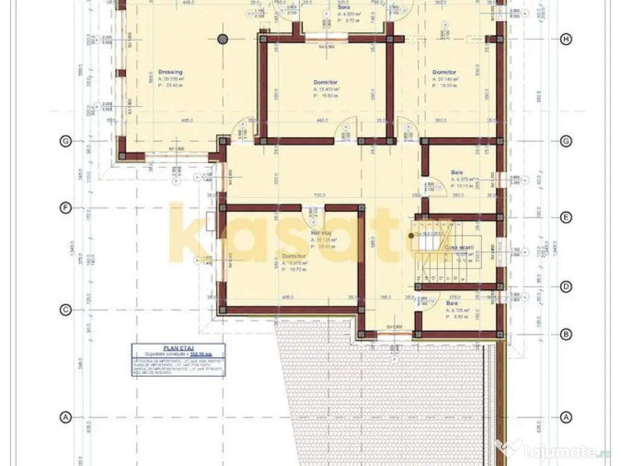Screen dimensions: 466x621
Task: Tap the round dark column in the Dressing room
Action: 223,39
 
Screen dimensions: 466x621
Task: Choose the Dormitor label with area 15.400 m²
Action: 325,82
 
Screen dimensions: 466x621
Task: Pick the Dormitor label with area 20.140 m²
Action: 444,72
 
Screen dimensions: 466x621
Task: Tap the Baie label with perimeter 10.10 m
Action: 457,172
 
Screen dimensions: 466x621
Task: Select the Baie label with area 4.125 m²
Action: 452,303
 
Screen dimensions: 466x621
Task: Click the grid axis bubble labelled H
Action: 566,39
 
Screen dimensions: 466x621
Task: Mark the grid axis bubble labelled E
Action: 566,217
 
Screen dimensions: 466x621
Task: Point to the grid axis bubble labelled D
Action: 566,286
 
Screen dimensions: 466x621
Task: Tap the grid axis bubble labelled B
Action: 566,334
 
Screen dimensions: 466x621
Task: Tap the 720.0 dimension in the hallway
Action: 320,195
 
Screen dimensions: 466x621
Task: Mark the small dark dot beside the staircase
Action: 411,235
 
